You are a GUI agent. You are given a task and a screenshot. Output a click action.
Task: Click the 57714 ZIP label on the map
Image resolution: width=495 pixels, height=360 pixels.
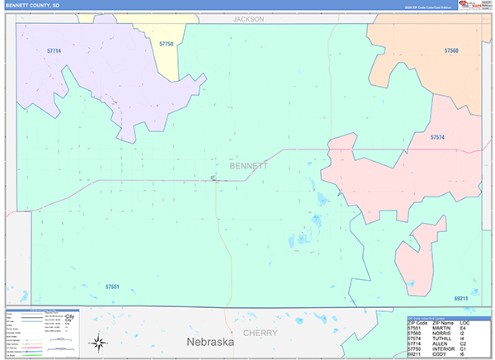tap(54, 51)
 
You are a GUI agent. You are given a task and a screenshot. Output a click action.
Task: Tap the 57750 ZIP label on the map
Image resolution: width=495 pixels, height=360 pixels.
tap(166, 44)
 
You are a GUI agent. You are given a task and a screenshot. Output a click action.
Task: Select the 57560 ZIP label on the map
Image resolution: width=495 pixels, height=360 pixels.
tap(450, 51)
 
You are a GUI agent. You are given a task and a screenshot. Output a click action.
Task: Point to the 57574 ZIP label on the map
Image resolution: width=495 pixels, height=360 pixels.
tap(437, 138)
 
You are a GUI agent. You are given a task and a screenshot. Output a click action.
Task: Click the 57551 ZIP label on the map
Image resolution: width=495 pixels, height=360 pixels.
tap(113, 287)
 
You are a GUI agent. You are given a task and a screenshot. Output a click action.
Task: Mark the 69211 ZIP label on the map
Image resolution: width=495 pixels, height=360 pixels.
tap(460, 298)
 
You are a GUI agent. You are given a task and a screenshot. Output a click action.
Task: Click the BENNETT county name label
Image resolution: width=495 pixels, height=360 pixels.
tap(248, 166)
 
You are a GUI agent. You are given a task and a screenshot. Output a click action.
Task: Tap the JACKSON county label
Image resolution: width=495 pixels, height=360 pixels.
tap(248, 17)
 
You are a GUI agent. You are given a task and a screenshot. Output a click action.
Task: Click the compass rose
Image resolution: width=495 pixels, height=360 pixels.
tap(98, 342)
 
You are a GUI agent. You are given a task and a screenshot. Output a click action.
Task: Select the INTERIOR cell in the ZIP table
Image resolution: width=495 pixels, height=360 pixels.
tap(445, 351)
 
